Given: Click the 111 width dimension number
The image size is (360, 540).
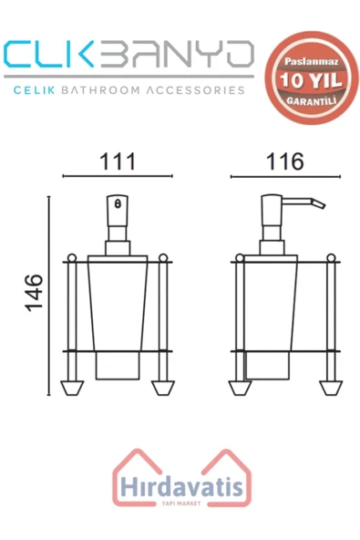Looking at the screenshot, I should (x=118, y=161).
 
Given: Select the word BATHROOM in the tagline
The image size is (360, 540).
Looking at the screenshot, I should (x=117, y=90).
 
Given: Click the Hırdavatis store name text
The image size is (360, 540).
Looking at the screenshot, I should (x=179, y=488).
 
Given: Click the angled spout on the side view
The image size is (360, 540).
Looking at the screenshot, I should (x=311, y=202).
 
